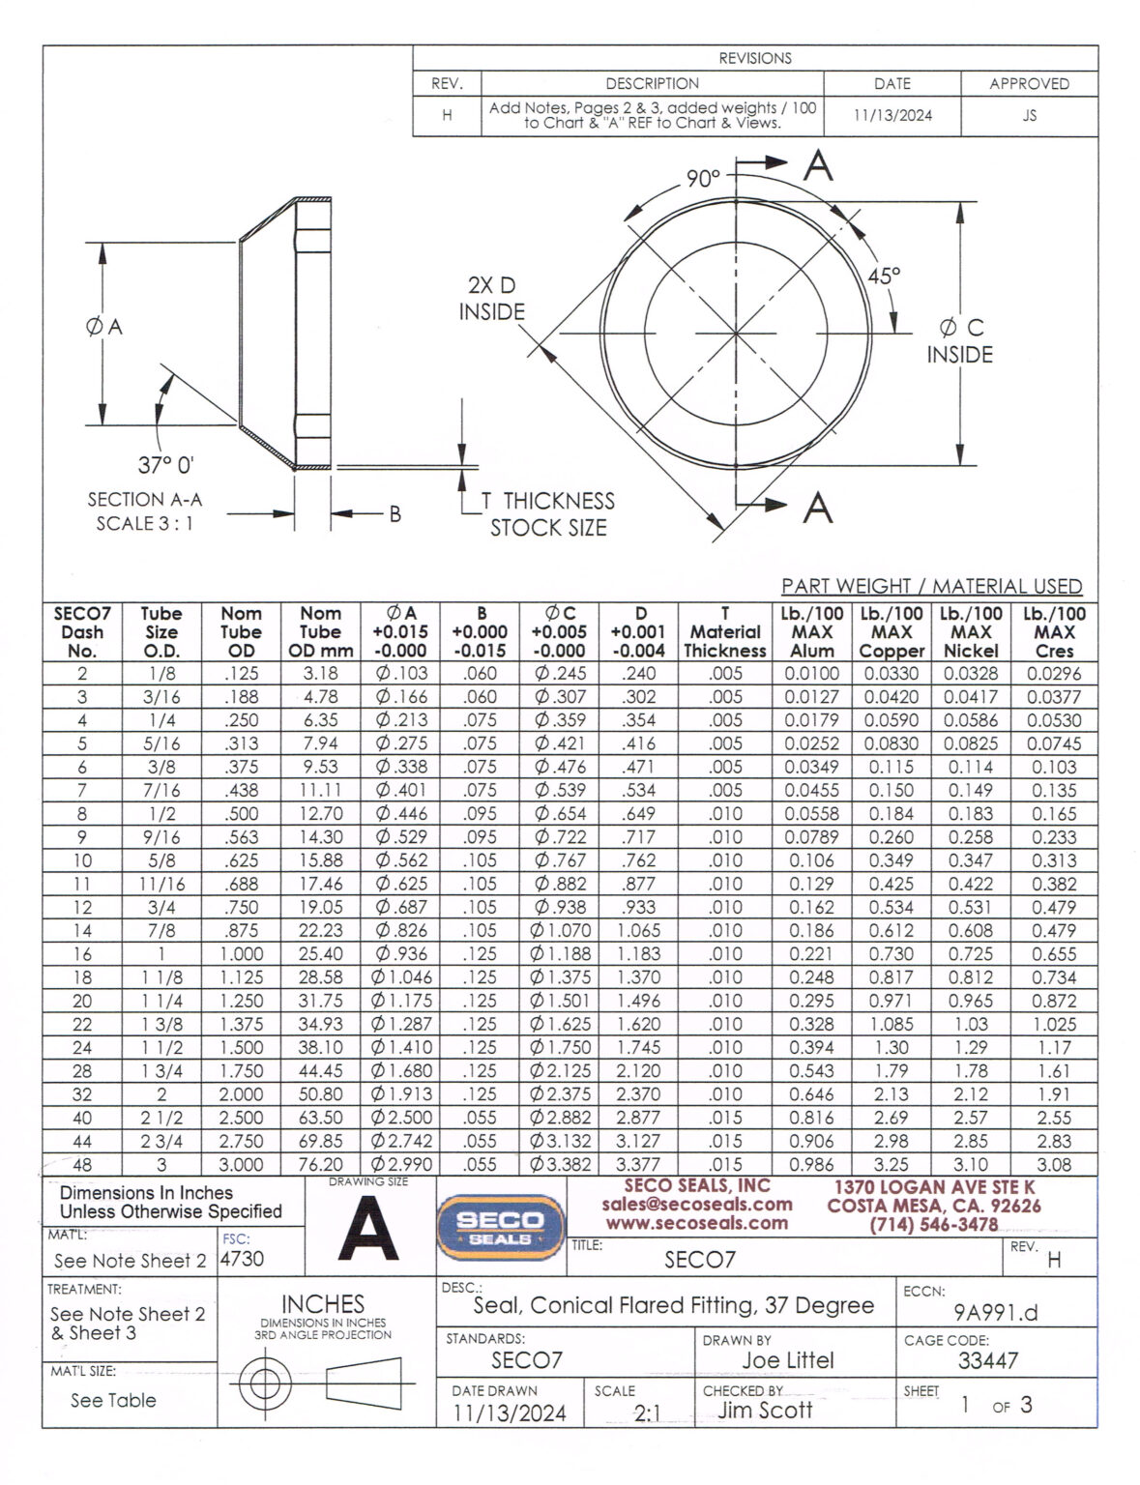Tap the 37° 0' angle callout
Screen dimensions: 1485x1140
(165, 465)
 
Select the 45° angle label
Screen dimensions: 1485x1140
(883, 277)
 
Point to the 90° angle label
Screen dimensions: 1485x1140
(703, 179)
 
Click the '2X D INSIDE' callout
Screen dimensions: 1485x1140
(492, 299)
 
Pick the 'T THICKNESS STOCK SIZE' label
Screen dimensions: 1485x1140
(548, 514)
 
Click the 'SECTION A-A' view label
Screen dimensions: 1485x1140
(144, 500)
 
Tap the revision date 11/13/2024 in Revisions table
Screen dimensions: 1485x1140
(892, 115)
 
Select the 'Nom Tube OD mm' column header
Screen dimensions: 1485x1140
(320, 631)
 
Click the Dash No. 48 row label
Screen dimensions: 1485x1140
(82, 1165)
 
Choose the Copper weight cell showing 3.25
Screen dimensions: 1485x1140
(891, 1165)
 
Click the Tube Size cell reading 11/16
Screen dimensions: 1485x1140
(161, 884)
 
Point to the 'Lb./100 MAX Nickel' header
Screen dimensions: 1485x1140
(971, 631)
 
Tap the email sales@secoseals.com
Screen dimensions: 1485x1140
(696, 1205)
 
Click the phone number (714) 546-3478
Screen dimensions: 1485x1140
(933, 1224)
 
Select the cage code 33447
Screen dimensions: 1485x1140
(987, 1360)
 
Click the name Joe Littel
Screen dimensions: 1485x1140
(787, 1360)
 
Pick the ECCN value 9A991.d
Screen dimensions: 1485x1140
(995, 1312)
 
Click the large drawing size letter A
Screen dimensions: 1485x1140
(369, 1229)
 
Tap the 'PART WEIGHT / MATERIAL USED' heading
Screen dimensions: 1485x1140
(931, 586)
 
